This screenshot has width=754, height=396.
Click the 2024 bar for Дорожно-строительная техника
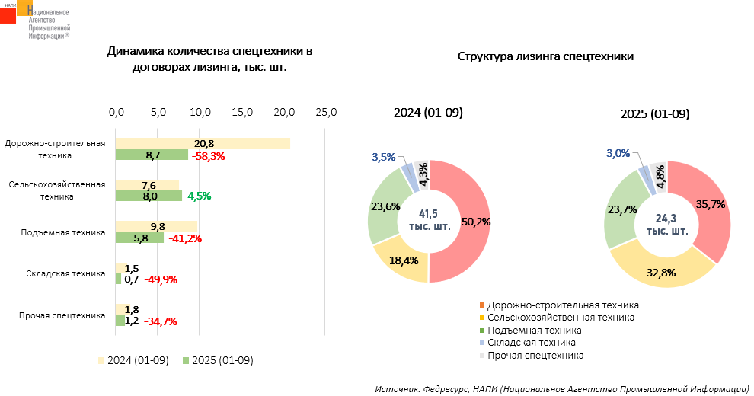click(202, 143)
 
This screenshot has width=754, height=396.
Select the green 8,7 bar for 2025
click(152, 155)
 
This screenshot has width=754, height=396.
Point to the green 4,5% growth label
click(199, 196)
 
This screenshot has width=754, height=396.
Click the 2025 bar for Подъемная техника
click(139, 238)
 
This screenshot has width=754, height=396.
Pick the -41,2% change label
click(184, 238)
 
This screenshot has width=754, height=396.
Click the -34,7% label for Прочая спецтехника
click(160, 321)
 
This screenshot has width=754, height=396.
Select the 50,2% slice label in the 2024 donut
click(471, 223)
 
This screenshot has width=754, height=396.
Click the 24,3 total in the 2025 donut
click(667, 218)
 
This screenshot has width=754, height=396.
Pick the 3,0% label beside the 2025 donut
click(618, 153)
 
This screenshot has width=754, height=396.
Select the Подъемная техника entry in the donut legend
click(534, 331)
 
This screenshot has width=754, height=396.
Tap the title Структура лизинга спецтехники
click(546, 56)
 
